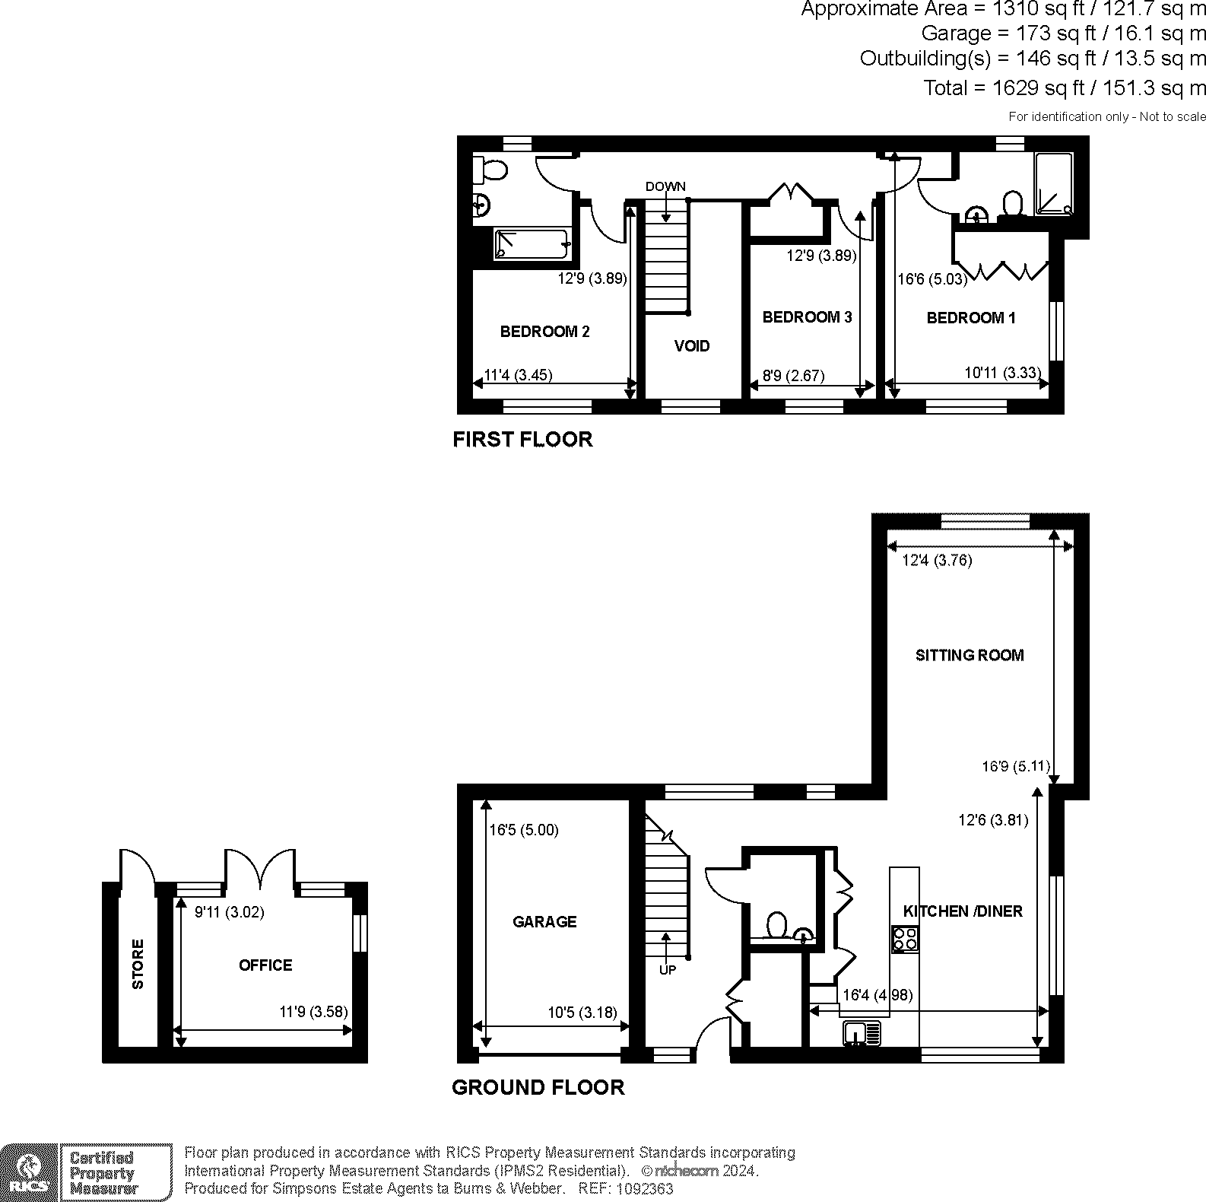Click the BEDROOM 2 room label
(x=544, y=332)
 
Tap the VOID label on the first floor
(x=692, y=346)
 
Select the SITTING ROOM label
(x=970, y=655)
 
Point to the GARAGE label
(x=544, y=922)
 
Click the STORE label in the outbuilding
(x=138, y=965)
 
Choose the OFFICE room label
(x=265, y=965)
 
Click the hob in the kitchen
(x=905, y=938)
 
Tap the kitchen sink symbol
(x=862, y=1032)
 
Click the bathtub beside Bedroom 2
(x=532, y=243)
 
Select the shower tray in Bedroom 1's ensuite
(x=1053, y=183)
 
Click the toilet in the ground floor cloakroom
(x=776, y=926)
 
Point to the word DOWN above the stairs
(x=665, y=186)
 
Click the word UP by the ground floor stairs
(x=667, y=970)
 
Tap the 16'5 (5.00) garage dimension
(x=524, y=830)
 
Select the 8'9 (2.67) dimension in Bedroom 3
(x=793, y=375)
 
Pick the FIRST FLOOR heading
(x=522, y=440)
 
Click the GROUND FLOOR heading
(x=538, y=1088)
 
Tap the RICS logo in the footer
(x=29, y=1172)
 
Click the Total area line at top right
(x=1065, y=88)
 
